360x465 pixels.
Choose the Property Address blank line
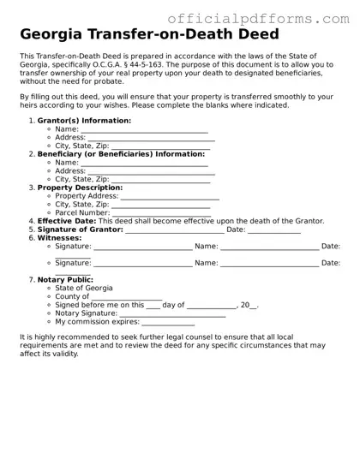169,197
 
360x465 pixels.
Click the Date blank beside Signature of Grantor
274,230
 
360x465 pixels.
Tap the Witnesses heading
60,238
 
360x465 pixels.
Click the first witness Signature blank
143,247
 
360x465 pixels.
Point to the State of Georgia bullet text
83,289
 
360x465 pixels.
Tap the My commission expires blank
168,323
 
